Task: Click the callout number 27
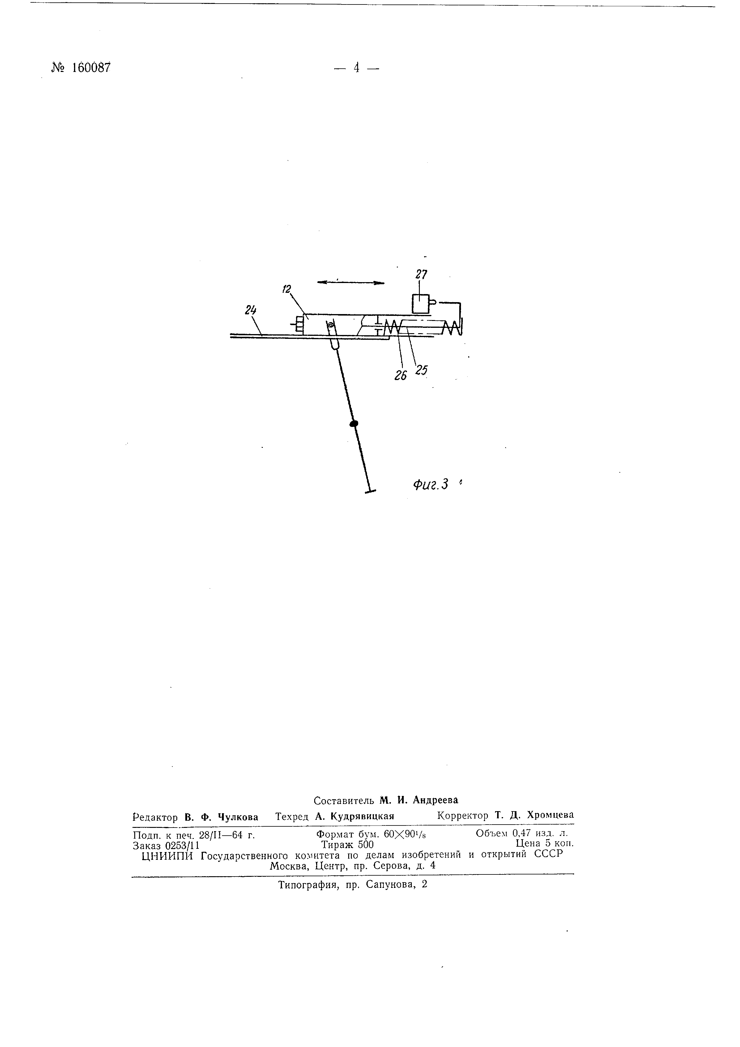coord(421,275)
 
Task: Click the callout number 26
coord(400,375)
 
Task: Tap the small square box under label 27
coord(420,304)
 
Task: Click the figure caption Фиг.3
coord(431,484)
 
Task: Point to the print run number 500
coord(366,844)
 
